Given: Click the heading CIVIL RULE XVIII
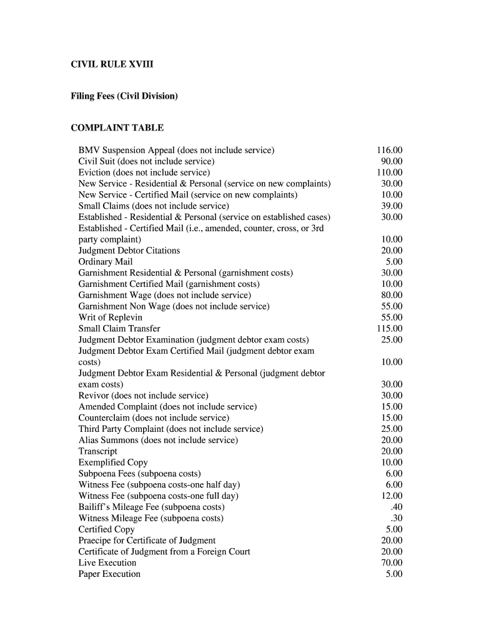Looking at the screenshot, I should coord(112,64).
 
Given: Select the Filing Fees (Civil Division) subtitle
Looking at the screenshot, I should coord(124,96).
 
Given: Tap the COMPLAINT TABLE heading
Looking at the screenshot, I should coord(117,128).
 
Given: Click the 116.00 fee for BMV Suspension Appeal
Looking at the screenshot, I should coord(389,151).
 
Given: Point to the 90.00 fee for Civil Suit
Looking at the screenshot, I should coord(392,162).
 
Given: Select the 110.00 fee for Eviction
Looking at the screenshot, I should coord(389,172).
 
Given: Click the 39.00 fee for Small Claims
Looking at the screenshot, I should coord(392,206).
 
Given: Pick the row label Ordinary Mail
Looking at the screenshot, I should coord(106,262).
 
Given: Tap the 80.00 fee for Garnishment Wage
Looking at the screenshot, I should coord(392,295).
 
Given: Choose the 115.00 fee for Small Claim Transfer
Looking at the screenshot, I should coord(389,329).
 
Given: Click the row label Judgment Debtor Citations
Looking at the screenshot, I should coord(129,251).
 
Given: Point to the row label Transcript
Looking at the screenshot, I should coord(98,451).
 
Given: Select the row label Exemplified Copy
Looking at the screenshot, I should coord(113,462).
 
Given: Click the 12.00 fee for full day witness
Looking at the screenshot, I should coord(392,496).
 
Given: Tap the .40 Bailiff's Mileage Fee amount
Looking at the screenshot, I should coord(396,507).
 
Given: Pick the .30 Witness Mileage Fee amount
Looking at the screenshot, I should coord(396,518).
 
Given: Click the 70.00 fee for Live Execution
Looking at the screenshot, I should coord(392,563).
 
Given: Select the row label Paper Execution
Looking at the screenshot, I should coord(109,574).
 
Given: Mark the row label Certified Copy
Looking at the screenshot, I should coord(107,529).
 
